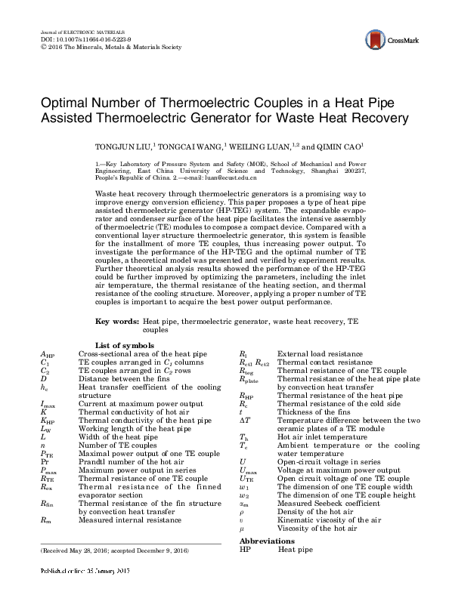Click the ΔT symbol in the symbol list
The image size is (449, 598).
(244, 420)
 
